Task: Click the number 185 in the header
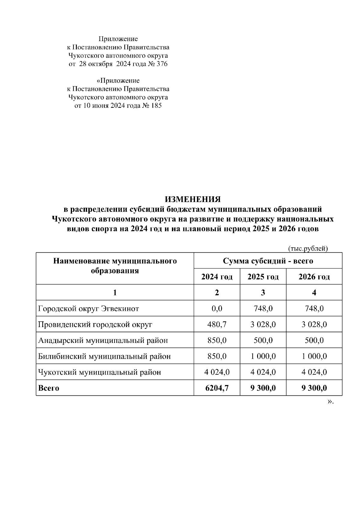pyautogui.click(x=156, y=106)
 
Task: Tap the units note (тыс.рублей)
pyautogui.click(x=308, y=249)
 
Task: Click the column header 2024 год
pyautogui.click(x=217, y=277)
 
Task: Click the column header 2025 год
pyautogui.click(x=263, y=277)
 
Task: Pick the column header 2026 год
pyautogui.click(x=314, y=277)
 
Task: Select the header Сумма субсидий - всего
pyautogui.click(x=268, y=261)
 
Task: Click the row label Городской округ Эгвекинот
pyautogui.click(x=88, y=308)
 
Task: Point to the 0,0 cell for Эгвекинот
pyautogui.click(x=217, y=308)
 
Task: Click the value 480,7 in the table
pyautogui.click(x=217, y=324)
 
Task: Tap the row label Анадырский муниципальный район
pyautogui.click(x=103, y=340)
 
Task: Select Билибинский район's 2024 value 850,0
pyautogui.click(x=217, y=356)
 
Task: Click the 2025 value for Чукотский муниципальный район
pyautogui.click(x=263, y=372)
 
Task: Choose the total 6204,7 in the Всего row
pyautogui.click(x=217, y=388)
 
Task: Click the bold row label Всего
pyautogui.click(x=49, y=388)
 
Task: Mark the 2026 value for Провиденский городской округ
pyautogui.click(x=314, y=324)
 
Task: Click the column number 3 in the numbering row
pyautogui.click(x=263, y=293)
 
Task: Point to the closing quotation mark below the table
pyautogui.click(x=330, y=401)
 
